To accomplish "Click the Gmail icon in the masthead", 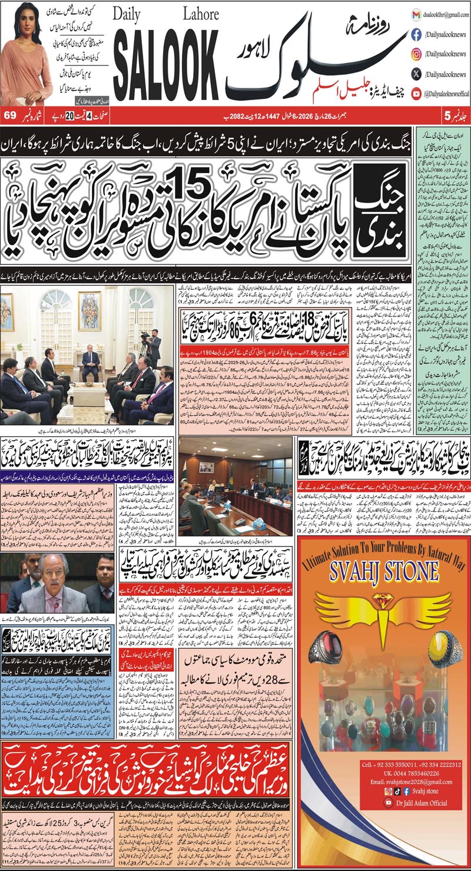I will (x=399, y=14).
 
